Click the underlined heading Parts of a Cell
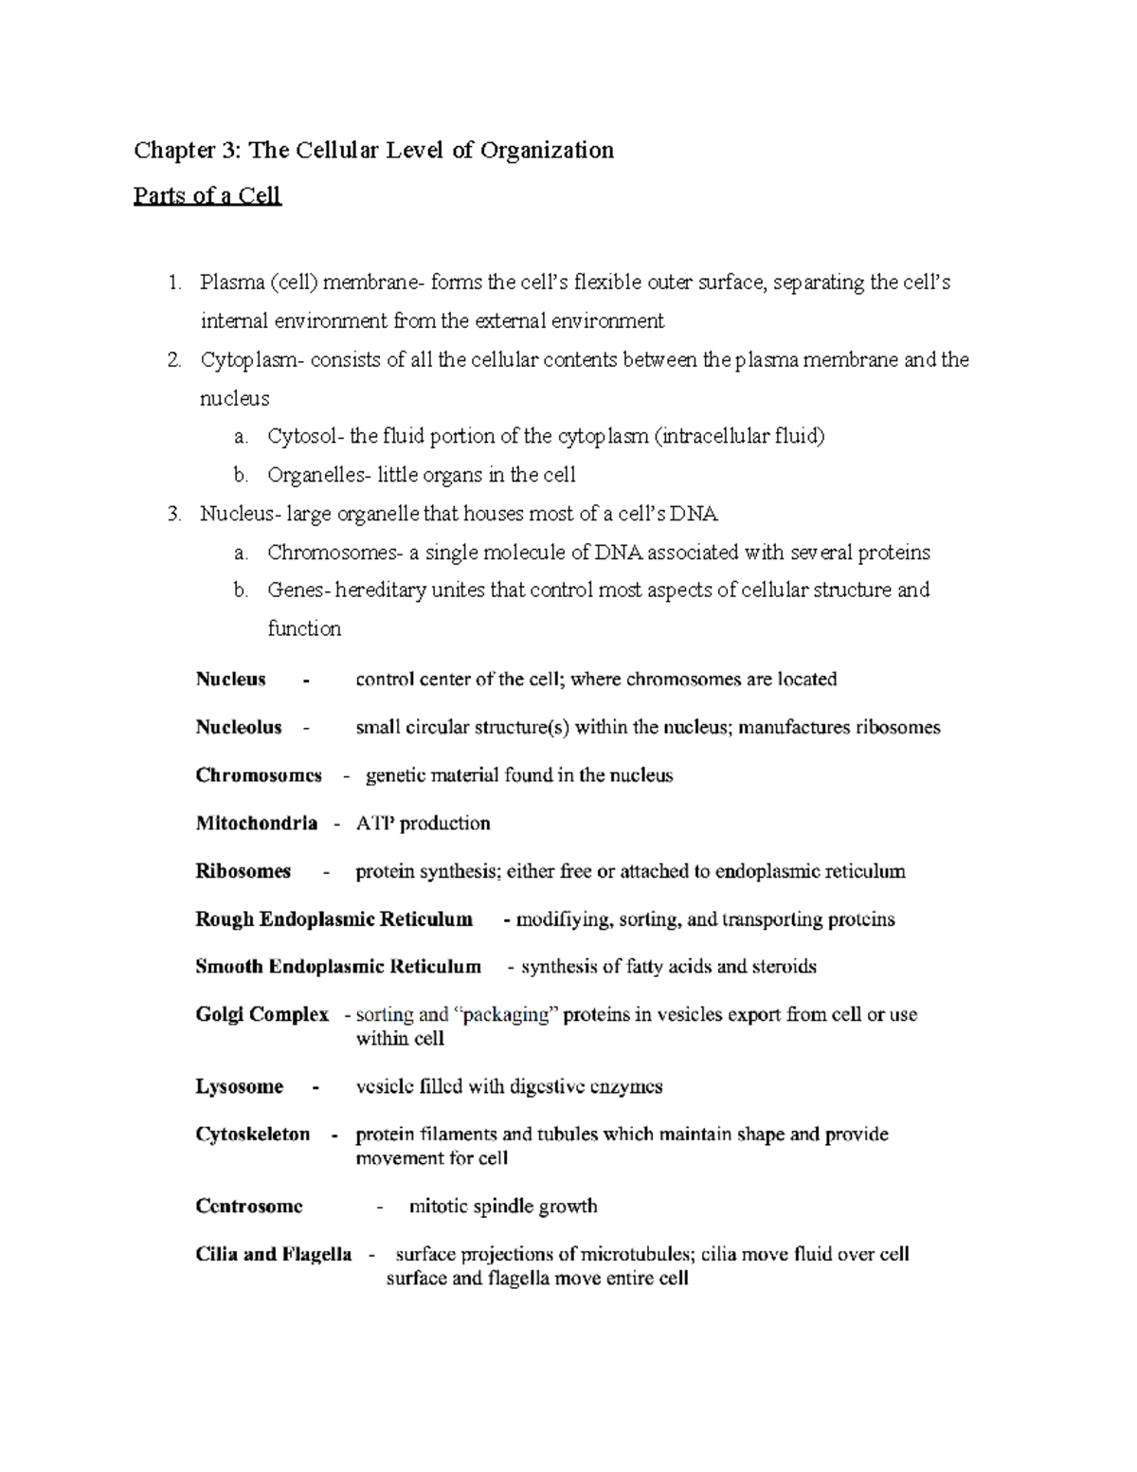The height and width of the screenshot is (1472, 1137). tap(207, 196)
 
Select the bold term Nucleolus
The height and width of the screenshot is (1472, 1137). tap(239, 727)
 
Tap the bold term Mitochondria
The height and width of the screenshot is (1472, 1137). tap(256, 823)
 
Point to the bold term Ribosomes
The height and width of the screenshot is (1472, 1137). tap(243, 871)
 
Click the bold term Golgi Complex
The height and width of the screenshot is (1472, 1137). tap(262, 1014)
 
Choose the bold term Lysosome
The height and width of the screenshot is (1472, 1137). tap(239, 1086)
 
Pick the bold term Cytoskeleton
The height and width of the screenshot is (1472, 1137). tap(252, 1134)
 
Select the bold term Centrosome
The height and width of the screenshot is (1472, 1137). tap(249, 1206)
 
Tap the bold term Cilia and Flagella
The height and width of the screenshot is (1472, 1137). tap(273, 1254)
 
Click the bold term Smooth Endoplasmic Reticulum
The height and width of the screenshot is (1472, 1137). tap(337, 967)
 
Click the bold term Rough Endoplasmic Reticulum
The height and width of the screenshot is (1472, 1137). tap(334, 918)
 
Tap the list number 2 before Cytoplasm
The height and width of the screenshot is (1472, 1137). tap(172, 360)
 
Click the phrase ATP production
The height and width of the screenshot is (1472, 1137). tap(423, 823)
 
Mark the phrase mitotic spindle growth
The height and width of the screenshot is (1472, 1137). tap(502, 1206)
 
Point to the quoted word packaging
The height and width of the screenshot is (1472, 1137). tap(508, 1014)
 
